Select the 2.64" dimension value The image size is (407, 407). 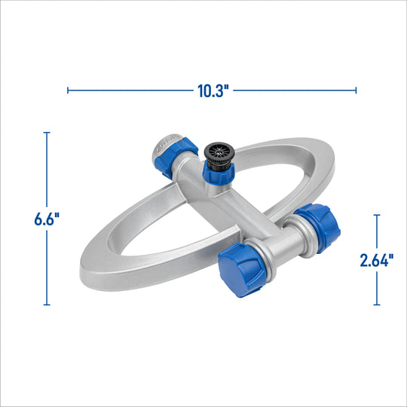click(377, 260)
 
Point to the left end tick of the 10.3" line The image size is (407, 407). click(69, 90)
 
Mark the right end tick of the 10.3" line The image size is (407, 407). click(356, 90)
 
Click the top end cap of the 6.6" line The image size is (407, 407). click(47, 133)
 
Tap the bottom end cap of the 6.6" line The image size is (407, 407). click(47, 304)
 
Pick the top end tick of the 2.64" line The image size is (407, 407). click(377, 215)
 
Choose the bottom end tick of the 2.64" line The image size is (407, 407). click(377, 304)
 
